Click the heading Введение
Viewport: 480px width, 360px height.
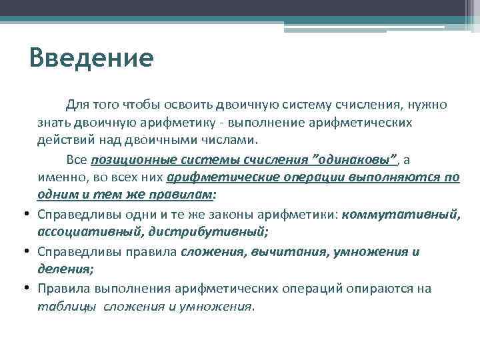click(x=91, y=58)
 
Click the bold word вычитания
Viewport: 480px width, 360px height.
click(x=285, y=252)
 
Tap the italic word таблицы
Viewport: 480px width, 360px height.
click(x=65, y=307)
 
